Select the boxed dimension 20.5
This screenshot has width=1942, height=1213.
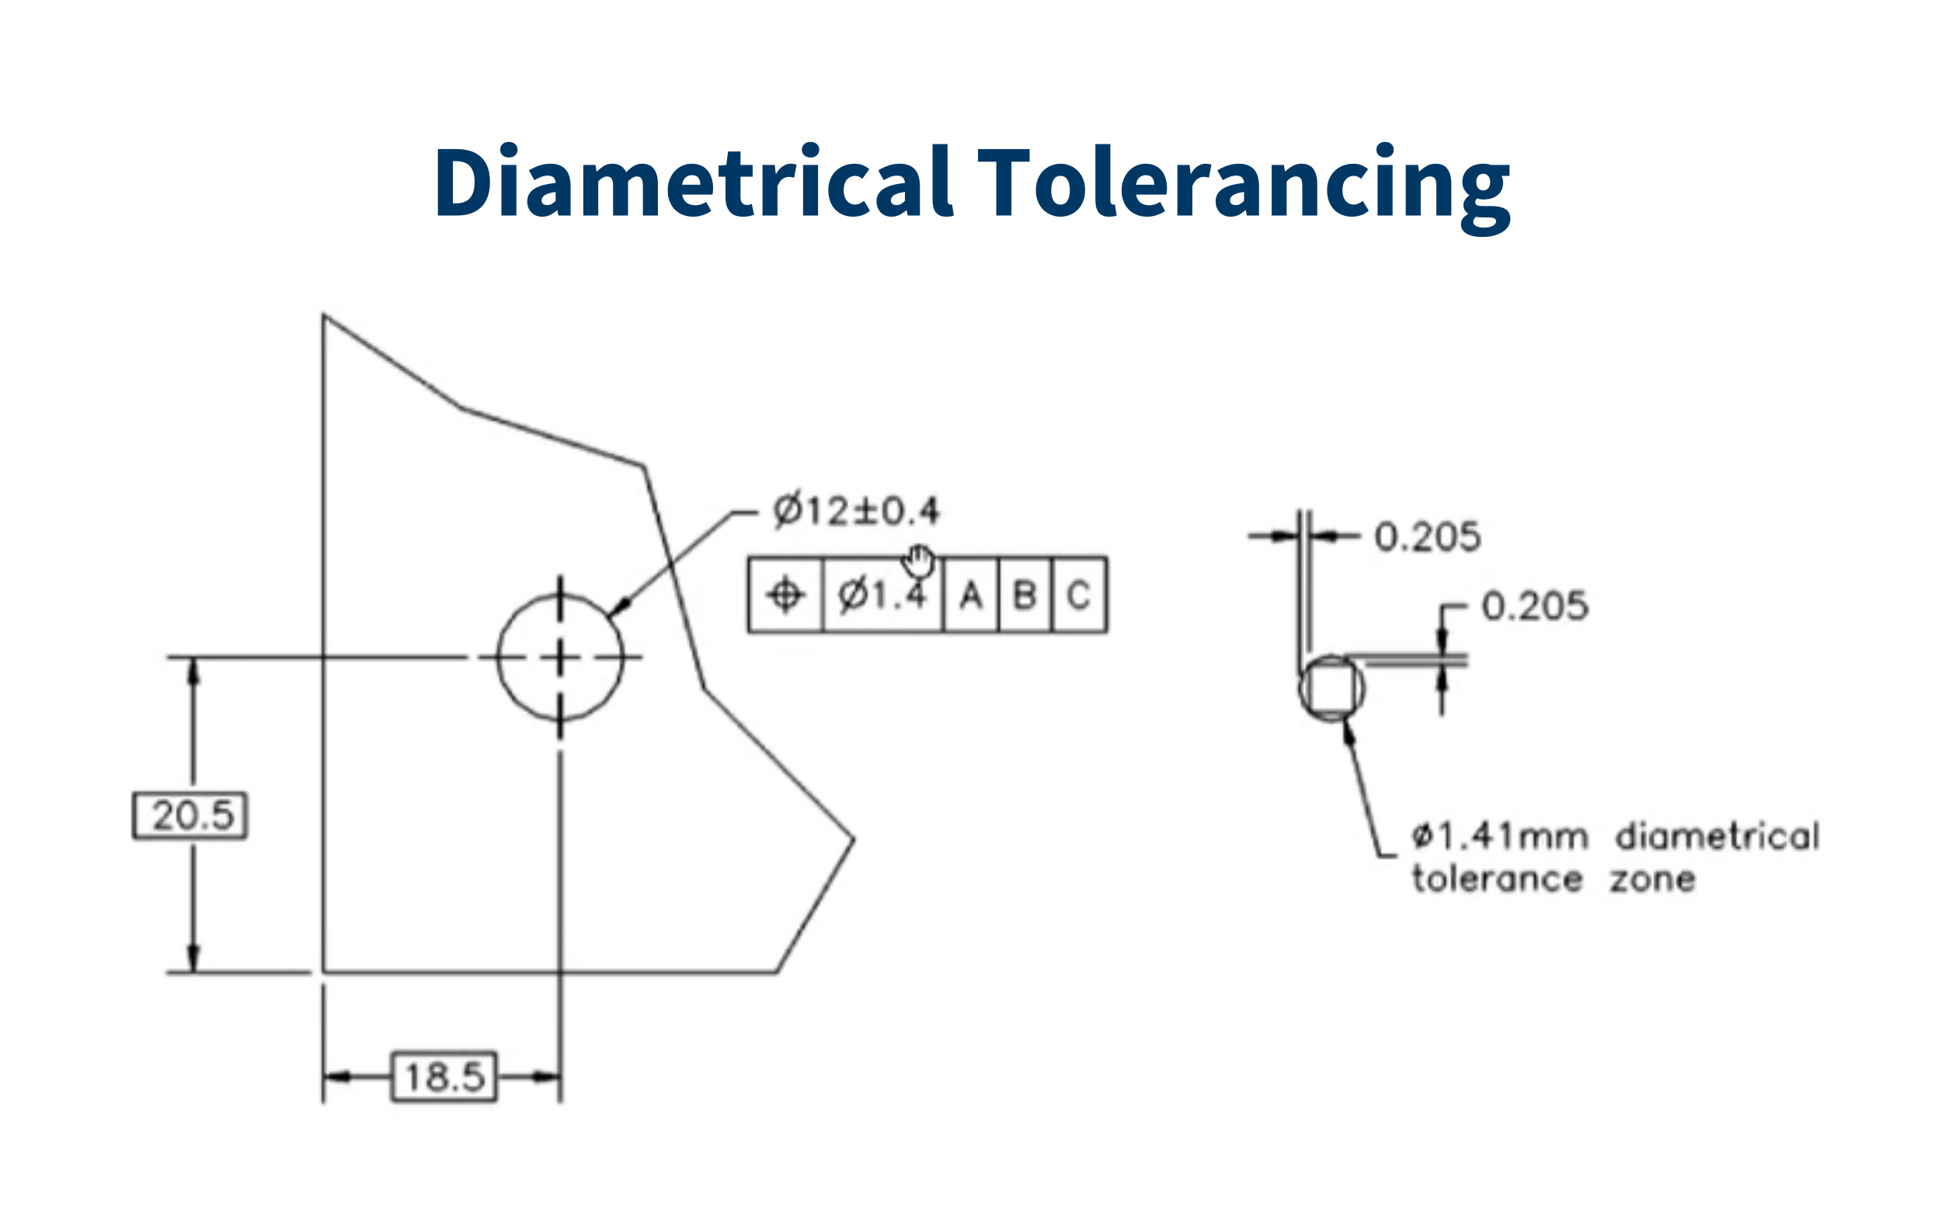[190, 815]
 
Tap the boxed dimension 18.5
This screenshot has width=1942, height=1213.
[444, 1076]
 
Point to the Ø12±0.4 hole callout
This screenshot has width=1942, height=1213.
[855, 510]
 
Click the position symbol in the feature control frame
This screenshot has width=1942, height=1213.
[785, 596]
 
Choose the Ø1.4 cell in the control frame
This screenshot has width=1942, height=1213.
[882, 596]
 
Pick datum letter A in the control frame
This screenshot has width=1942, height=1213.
[970, 596]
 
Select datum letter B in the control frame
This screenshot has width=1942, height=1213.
[1024, 596]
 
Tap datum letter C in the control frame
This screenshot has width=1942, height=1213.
[1077, 596]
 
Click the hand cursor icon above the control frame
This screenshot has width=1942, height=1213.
[919, 561]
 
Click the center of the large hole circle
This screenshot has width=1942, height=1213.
[560, 658]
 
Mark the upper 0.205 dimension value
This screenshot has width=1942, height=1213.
[1427, 537]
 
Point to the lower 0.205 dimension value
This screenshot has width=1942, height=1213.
[1533, 606]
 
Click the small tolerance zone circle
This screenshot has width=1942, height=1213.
[1331, 688]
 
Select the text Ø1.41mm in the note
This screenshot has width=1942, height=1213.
[1499, 836]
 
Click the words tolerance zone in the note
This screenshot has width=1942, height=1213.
[1553, 879]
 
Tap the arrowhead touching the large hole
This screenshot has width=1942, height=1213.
[618, 609]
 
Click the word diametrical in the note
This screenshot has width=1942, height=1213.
[1718, 836]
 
